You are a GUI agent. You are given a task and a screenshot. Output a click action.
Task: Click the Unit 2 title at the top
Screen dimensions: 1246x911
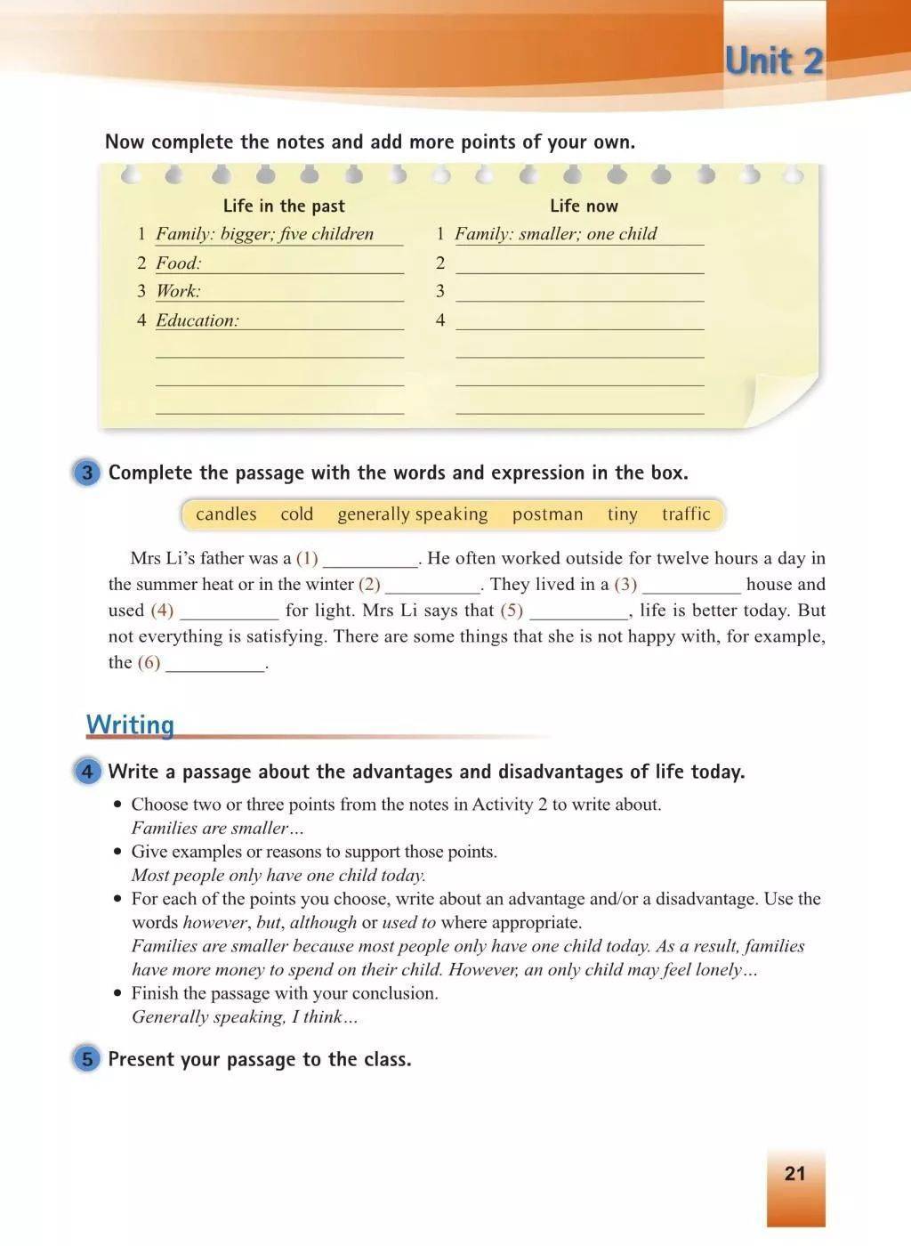(774, 61)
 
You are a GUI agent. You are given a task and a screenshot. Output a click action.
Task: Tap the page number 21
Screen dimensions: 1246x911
(794, 1173)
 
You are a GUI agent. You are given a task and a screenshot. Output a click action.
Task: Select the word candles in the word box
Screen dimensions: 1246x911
(226, 514)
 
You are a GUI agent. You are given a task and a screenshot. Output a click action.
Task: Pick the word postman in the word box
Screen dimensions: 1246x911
(547, 514)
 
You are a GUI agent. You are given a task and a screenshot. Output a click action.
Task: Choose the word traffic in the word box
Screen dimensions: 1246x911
(686, 514)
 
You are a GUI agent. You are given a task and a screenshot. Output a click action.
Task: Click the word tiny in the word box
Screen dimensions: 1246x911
(622, 514)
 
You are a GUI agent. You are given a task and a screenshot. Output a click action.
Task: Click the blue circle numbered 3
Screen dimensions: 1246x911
(86, 473)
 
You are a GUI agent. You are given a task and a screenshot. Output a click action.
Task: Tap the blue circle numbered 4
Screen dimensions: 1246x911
(86, 771)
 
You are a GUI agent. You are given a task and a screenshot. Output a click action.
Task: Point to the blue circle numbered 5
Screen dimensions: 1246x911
(86, 1059)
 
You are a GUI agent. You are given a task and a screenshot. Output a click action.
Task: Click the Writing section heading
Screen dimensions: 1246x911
(130, 724)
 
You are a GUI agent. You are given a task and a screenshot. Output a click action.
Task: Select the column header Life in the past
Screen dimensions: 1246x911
(284, 206)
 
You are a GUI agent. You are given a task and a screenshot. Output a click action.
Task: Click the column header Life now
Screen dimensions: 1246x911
(584, 206)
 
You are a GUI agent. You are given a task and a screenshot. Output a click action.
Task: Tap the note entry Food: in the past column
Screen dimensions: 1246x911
(179, 263)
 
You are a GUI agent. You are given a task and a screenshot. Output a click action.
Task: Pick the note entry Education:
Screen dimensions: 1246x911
(198, 320)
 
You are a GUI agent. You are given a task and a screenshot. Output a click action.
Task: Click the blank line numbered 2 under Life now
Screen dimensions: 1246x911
(579, 264)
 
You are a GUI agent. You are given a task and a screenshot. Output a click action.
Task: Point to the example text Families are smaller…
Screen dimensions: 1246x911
(218, 828)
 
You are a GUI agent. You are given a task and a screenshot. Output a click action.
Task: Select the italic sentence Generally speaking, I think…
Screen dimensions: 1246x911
(245, 1016)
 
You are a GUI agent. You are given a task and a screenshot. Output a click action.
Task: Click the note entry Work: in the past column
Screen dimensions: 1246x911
(179, 291)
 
